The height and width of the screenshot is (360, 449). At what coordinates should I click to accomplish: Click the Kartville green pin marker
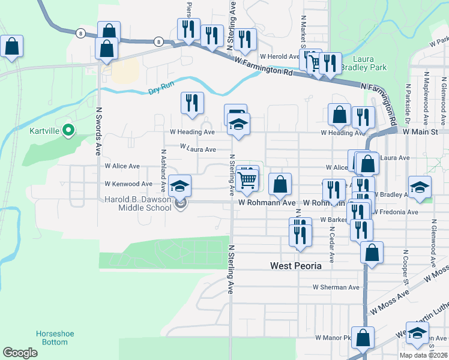(68, 130)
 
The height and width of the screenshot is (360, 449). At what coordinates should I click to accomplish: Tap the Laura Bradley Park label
(364, 64)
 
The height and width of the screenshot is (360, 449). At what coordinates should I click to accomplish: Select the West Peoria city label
(296, 266)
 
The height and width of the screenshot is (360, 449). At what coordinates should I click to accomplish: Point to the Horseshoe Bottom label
(52, 338)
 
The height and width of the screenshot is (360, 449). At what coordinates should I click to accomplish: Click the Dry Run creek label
(160, 91)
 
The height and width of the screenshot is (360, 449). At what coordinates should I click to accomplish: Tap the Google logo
(20, 353)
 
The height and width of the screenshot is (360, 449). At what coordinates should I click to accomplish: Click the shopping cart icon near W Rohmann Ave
(247, 179)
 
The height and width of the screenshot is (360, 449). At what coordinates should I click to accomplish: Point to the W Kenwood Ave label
(128, 184)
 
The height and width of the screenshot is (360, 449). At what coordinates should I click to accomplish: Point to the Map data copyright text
(424, 355)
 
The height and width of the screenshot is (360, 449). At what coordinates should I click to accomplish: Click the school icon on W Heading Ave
(238, 125)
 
